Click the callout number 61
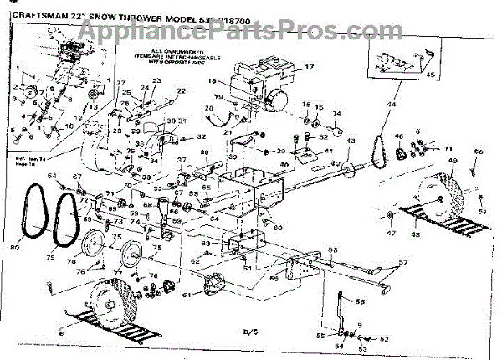pos(186,295)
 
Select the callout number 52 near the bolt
pos(384,338)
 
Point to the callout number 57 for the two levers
pos(404,263)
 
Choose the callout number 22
pos(179,90)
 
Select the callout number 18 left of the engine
pos(212,81)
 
